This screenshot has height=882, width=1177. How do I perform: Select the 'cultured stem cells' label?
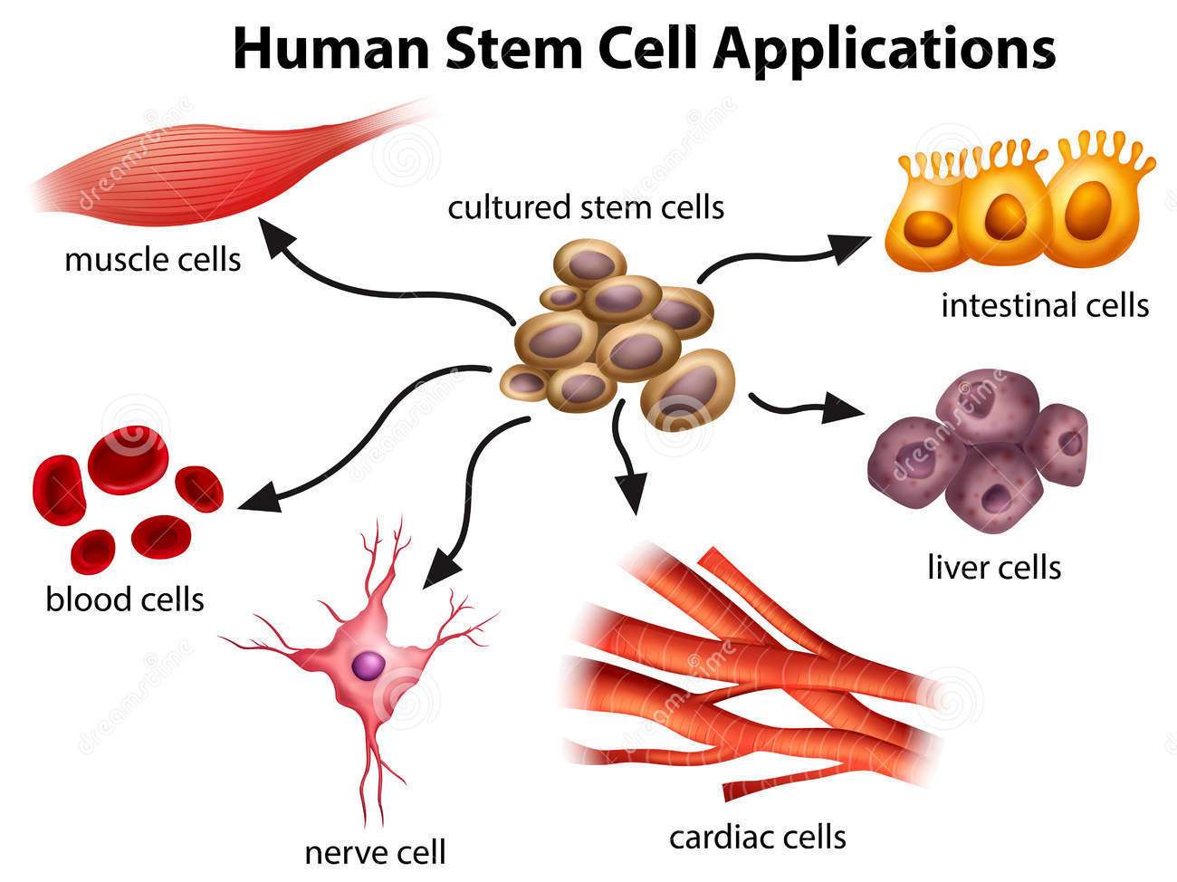tap(586, 207)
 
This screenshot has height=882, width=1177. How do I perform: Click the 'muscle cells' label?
tap(153, 260)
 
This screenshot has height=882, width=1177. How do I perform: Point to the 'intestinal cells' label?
tap(1045, 305)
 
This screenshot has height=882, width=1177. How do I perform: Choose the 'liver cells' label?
tap(993, 568)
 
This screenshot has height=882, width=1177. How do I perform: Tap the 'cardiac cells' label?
tap(757, 836)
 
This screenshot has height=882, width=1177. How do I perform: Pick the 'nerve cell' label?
tap(375, 852)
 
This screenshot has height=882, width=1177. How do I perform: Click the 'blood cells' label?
tap(125, 599)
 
